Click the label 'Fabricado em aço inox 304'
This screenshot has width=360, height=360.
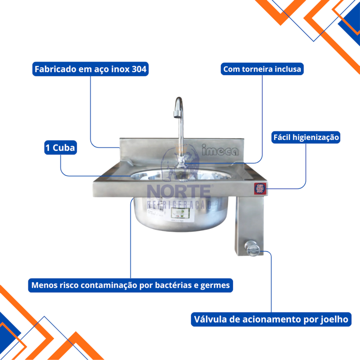(90, 69)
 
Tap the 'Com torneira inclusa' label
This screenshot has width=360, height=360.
(262, 69)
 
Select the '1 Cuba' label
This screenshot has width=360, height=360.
(60, 148)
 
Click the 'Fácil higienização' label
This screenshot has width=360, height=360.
(306, 137)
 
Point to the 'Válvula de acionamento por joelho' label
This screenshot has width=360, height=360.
(271, 319)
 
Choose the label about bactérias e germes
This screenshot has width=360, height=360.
(130, 285)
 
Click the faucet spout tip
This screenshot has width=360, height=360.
(176, 114)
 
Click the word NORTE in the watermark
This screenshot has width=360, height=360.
(179, 191)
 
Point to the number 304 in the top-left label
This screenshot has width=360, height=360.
(139, 69)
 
